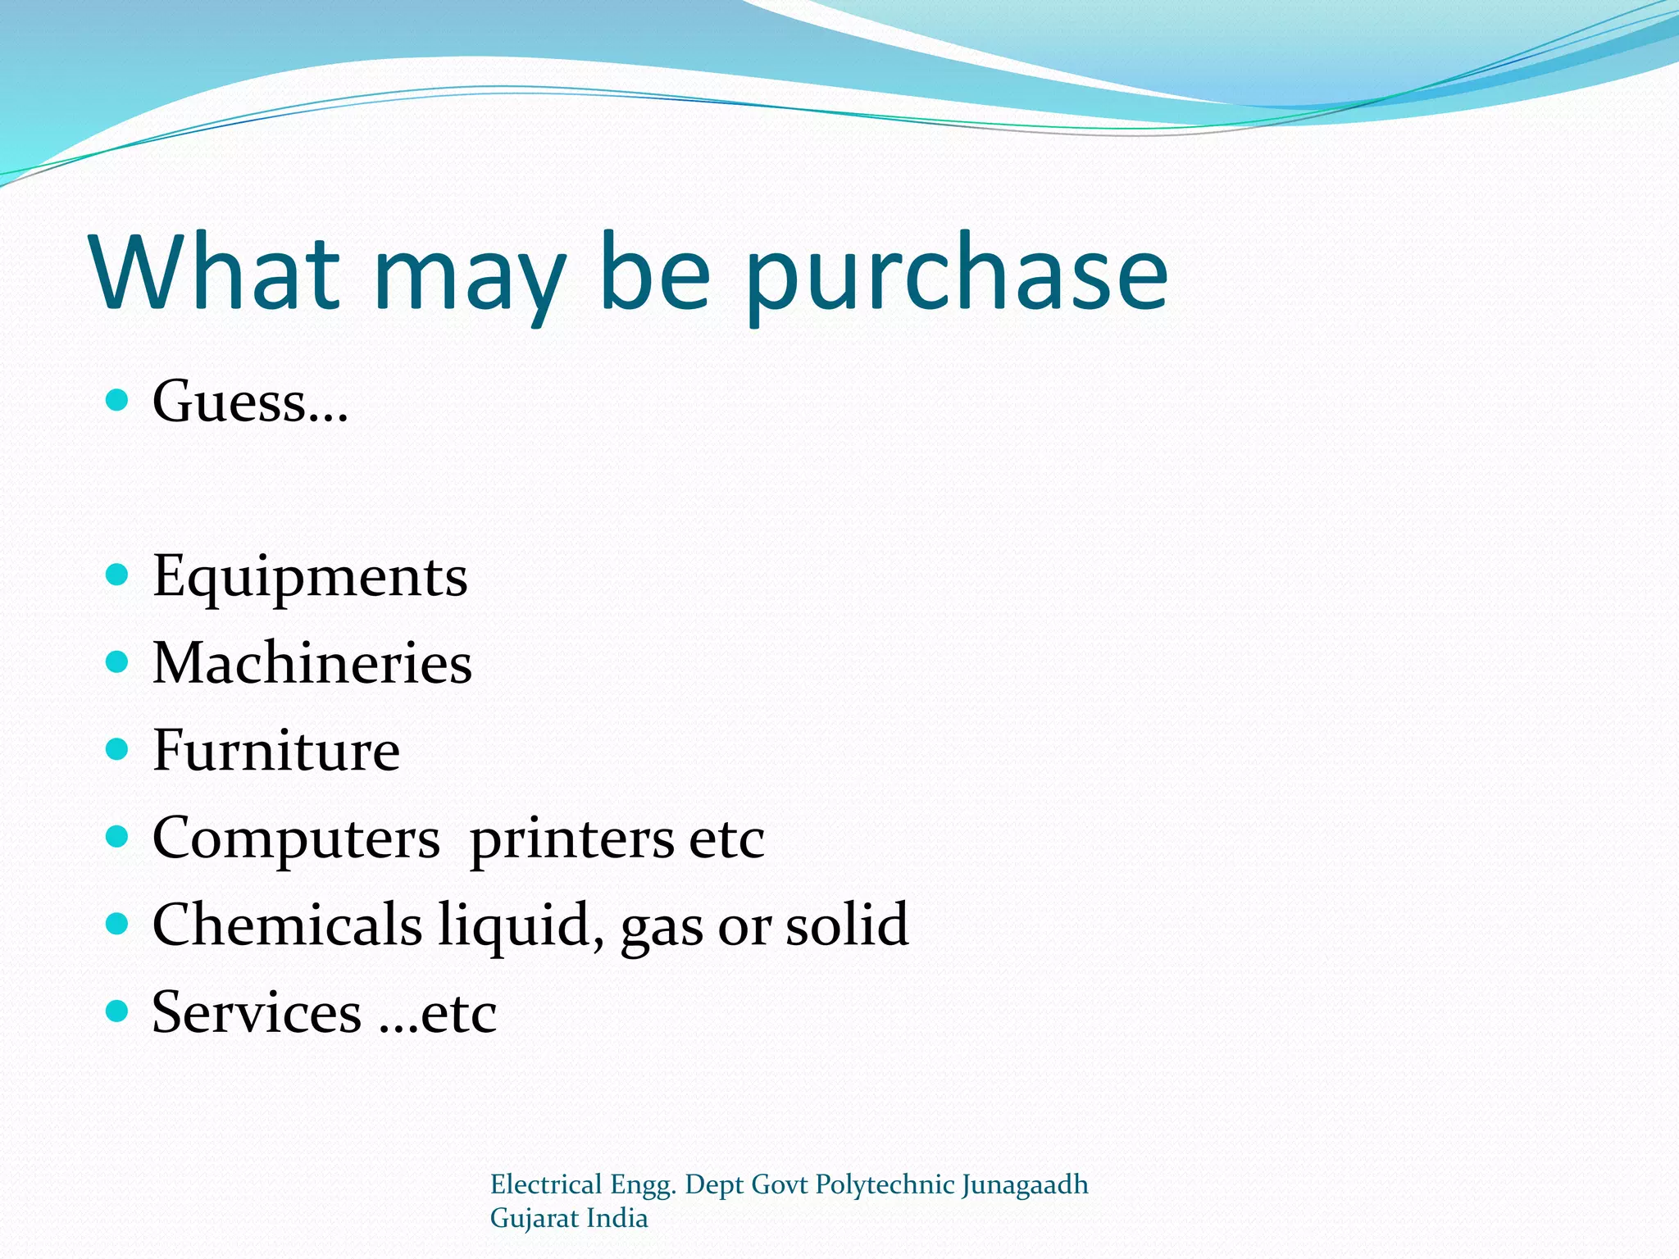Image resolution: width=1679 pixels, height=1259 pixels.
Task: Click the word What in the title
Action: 216,272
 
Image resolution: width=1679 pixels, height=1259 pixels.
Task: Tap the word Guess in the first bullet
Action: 230,402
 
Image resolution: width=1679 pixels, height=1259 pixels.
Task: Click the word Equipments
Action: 310,576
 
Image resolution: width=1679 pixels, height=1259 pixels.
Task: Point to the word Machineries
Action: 312,663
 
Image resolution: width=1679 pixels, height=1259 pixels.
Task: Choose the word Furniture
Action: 276,750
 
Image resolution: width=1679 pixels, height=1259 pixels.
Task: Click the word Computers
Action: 296,839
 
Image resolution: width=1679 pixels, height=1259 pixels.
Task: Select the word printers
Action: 571,840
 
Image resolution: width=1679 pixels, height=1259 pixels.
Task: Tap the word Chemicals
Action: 287,925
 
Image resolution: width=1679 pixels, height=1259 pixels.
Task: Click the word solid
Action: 847,925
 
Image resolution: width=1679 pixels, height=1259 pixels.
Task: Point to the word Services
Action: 257,1012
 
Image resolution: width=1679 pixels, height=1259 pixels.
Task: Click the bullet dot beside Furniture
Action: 118,749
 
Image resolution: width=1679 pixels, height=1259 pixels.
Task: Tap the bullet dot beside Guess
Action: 118,400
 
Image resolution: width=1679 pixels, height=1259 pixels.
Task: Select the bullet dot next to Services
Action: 118,1011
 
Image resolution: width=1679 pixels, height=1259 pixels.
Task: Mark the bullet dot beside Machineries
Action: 118,661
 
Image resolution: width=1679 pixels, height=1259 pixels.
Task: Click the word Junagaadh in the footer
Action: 1025,1185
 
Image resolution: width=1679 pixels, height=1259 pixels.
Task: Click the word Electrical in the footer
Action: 546,1185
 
